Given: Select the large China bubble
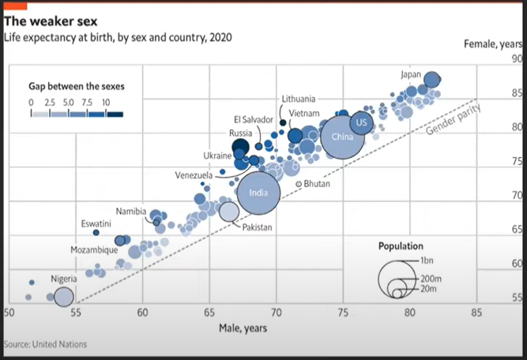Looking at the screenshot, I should tap(342, 137).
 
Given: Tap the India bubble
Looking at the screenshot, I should tap(258, 193).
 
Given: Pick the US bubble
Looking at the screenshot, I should tap(361, 123).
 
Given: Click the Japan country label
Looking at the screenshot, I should tap(411, 75).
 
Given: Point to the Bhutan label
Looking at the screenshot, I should tap(316, 183).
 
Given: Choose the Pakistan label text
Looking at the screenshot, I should tap(257, 227).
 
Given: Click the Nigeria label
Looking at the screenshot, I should tap(64, 279).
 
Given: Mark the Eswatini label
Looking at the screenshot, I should tap(96, 224).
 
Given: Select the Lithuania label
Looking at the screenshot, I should tap(299, 99).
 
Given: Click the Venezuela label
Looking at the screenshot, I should tap(194, 174).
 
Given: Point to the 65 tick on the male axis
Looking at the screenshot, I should tap(209, 313).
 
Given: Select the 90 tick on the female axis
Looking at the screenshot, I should tap(518, 59).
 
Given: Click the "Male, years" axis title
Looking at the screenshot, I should tap(243, 327).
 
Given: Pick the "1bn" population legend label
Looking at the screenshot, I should tap(429, 261).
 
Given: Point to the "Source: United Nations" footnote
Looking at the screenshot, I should tap(45, 344).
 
